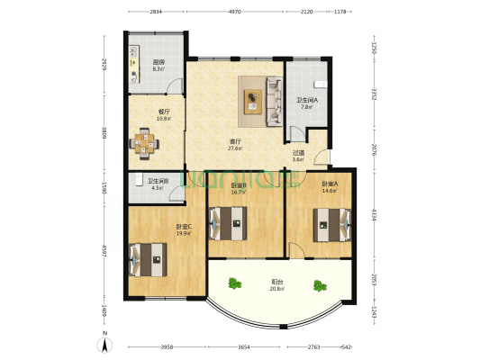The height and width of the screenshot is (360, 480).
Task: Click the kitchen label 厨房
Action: coord(158,62)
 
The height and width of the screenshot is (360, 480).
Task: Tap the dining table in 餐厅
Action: coord(144,140)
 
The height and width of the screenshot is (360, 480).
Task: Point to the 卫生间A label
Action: coord(307,99)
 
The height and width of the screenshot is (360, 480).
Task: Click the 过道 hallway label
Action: coord(299,152)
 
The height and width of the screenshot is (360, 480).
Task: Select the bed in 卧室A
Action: coord(326,224)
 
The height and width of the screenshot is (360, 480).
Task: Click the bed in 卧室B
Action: coord(227,221)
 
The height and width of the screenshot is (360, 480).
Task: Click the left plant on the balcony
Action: coord(236,285)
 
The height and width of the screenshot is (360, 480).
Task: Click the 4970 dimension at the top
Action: coord(234,13)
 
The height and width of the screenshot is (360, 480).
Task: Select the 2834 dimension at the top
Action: coord(156,13)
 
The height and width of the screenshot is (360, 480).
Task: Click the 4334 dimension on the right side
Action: coord(373,216)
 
